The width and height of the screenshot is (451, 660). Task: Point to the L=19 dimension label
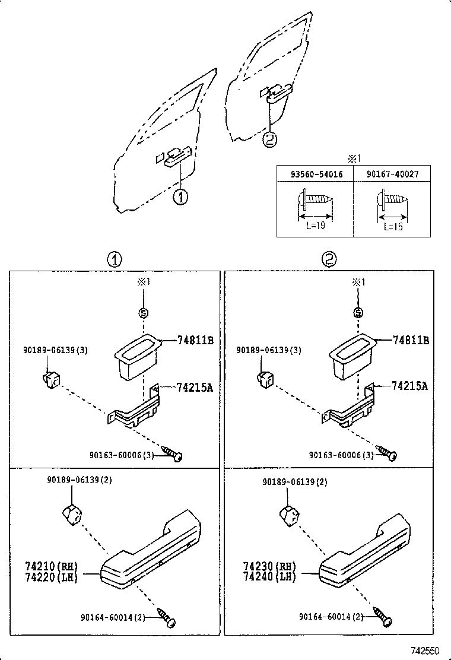click(315, 226)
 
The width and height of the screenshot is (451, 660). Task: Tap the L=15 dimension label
click(392, 226)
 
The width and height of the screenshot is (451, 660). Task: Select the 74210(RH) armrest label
click(52, 566)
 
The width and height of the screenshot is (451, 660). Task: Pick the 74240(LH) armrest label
click(269, 576)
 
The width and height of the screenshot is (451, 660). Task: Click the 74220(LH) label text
click(52, 576)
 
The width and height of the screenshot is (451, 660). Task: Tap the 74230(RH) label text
click(269, 566)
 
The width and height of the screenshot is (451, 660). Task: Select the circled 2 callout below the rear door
click(269, 140)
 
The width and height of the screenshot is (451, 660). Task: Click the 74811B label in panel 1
click(195, 340)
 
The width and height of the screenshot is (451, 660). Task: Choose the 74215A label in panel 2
click(409, 386)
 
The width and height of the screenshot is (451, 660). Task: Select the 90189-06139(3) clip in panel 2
click(265, 378)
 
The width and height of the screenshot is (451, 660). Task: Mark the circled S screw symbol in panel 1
click(142, 313)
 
